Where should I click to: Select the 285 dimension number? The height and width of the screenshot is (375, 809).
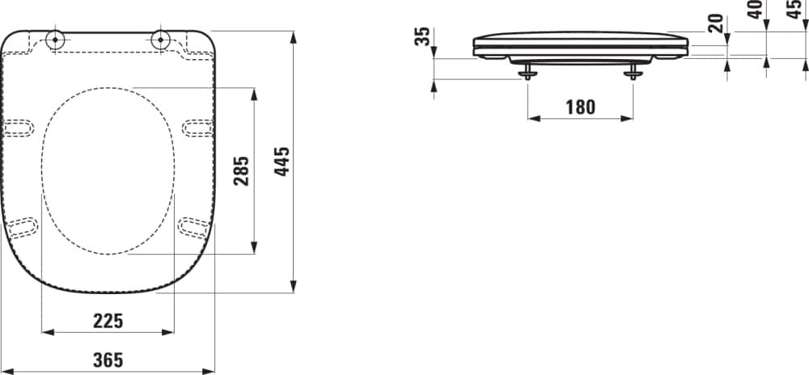[242, 171]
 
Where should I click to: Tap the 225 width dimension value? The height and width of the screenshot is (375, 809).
[108, 321]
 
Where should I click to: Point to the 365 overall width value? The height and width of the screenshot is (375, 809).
[108, 360]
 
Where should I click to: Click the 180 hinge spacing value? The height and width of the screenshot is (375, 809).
[580, 107]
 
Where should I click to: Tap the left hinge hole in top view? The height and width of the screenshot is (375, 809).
[57, 38]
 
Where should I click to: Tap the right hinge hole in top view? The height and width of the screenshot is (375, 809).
[159, 38]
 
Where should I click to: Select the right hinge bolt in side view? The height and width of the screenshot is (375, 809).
[633, 74]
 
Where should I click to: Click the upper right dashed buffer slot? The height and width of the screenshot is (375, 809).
[197, 127]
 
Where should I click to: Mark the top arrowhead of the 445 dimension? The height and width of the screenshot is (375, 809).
[294, 36]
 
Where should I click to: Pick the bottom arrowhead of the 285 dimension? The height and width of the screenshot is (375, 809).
[255, 247]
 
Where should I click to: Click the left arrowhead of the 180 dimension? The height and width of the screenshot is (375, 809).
[533, 118]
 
